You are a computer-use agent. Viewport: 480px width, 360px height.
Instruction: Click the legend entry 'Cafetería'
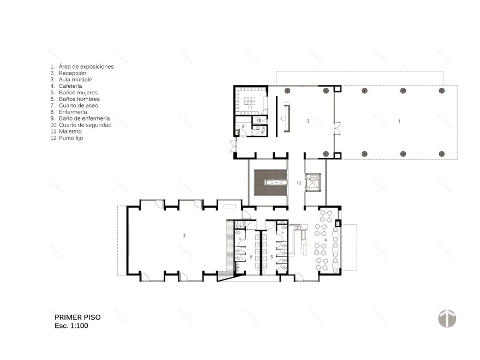70,86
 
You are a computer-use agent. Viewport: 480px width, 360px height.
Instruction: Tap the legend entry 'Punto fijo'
71,138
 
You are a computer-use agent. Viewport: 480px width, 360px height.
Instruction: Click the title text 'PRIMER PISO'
77,317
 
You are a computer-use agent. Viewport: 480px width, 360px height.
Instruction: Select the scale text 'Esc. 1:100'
71,326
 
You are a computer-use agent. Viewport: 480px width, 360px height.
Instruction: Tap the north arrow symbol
447,318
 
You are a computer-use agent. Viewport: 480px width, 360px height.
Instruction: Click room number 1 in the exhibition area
399,121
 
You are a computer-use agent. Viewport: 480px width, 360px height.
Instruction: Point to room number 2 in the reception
308,121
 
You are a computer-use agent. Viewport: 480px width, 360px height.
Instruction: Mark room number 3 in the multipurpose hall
184,235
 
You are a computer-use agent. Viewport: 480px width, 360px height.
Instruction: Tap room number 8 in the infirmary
243,127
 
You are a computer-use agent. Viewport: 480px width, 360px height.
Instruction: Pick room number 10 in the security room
259,119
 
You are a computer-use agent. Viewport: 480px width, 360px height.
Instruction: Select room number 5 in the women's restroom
272,256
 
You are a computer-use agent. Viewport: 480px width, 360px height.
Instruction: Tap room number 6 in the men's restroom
250,256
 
